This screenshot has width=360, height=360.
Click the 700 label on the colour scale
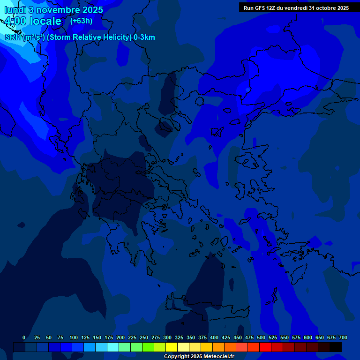click(343, 337)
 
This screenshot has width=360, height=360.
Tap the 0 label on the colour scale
click(24, 337)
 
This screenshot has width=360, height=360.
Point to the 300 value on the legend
click(167, 337)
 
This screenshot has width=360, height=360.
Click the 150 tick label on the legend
click(97, 337)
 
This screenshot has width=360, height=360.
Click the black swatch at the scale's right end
click(336, 347)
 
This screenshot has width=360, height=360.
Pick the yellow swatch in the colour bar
click(172, 347)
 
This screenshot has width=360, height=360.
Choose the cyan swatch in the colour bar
click(113, 347)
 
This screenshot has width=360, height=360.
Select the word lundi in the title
click(15, 10)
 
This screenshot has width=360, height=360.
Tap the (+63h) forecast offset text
click(81, 21)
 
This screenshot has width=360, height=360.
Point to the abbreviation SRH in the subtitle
click(13, 37)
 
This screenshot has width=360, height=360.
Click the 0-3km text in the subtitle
click(144, 37)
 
